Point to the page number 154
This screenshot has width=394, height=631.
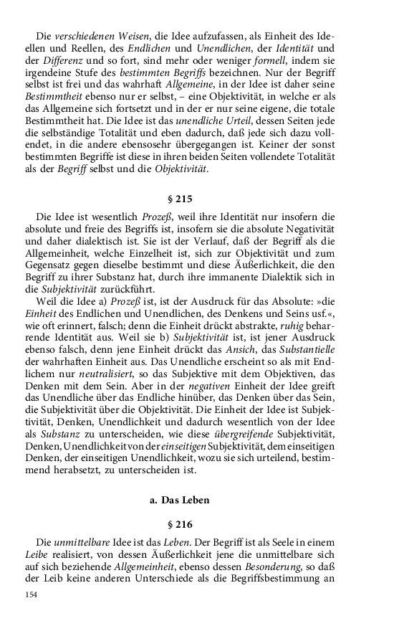click(x=31, y=594)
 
